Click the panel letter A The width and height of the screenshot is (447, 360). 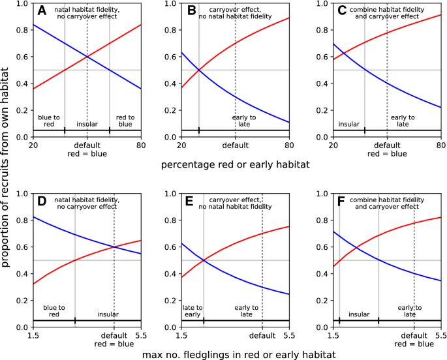click(41, 11)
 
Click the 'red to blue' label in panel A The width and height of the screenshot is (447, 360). click(125, 121)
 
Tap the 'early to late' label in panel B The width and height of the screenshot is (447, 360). click(244, 121)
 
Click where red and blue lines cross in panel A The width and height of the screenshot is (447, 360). click(87, 57)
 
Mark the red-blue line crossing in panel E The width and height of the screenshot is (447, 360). click(204, 260)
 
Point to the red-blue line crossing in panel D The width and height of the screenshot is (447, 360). click(114, 247)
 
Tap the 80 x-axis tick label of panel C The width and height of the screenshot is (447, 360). click(440, 145)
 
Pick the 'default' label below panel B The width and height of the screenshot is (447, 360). click(236, 145)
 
